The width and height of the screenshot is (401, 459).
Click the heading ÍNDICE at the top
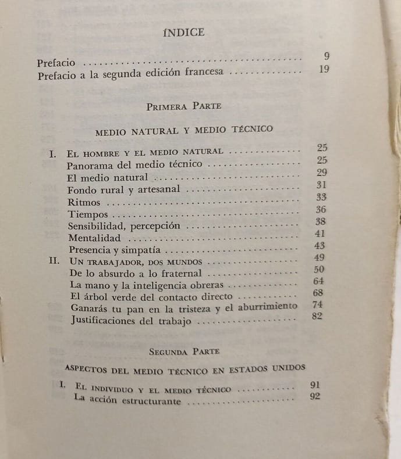click(x=184, y=33)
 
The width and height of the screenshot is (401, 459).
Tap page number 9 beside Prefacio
click(x=327, y=56)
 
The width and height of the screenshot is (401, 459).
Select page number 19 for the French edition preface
click(x=325, y=70)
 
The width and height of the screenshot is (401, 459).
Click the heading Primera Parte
click(x=183, y=106)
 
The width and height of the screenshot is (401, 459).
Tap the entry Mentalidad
click(x=94, y=238)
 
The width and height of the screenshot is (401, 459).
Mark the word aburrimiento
click(x=268, y=306)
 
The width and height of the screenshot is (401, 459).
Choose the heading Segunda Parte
click(x=183, y=351)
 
